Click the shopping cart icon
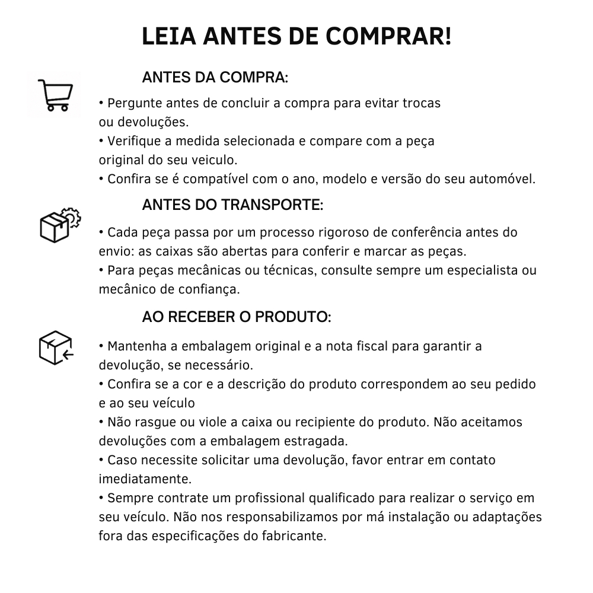click(x=55, y=95)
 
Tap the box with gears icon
click(x=59, y=224)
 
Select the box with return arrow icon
click(x=55, y=347)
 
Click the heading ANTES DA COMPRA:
click(x=215, y=78)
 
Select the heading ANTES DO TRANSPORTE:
click(x=232, y=205)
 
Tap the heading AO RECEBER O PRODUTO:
click(x=236, y=317)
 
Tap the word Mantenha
click(x=136, y=346)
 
